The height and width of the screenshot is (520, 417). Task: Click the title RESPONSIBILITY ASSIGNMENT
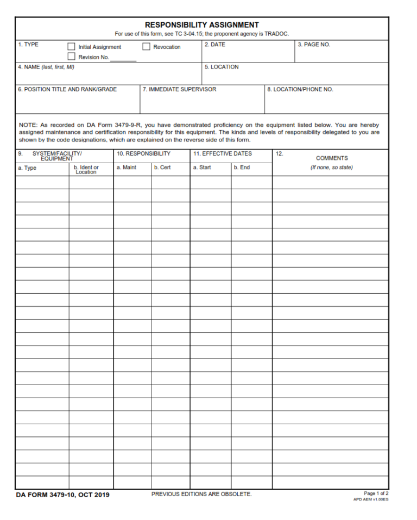201,25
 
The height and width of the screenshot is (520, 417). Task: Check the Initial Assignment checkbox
71,47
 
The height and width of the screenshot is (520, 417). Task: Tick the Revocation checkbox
146,47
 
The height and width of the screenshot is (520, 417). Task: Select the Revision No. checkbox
71,57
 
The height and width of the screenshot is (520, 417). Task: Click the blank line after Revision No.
123,59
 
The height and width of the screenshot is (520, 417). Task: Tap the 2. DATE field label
214,45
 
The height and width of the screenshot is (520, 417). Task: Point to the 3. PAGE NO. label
314,45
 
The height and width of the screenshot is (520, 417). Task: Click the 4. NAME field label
46,67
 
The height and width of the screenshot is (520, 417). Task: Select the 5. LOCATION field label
222,67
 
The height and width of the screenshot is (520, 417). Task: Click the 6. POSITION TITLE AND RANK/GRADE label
67,89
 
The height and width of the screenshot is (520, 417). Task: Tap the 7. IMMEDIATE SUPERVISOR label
179,89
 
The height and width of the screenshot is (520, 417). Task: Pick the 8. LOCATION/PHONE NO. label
300,89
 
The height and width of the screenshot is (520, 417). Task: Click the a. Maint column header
127,168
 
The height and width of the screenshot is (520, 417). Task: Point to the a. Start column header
202,168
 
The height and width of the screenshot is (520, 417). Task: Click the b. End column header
242,168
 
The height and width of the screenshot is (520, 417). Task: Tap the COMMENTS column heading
332,158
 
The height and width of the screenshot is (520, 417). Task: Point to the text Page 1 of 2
376,493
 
